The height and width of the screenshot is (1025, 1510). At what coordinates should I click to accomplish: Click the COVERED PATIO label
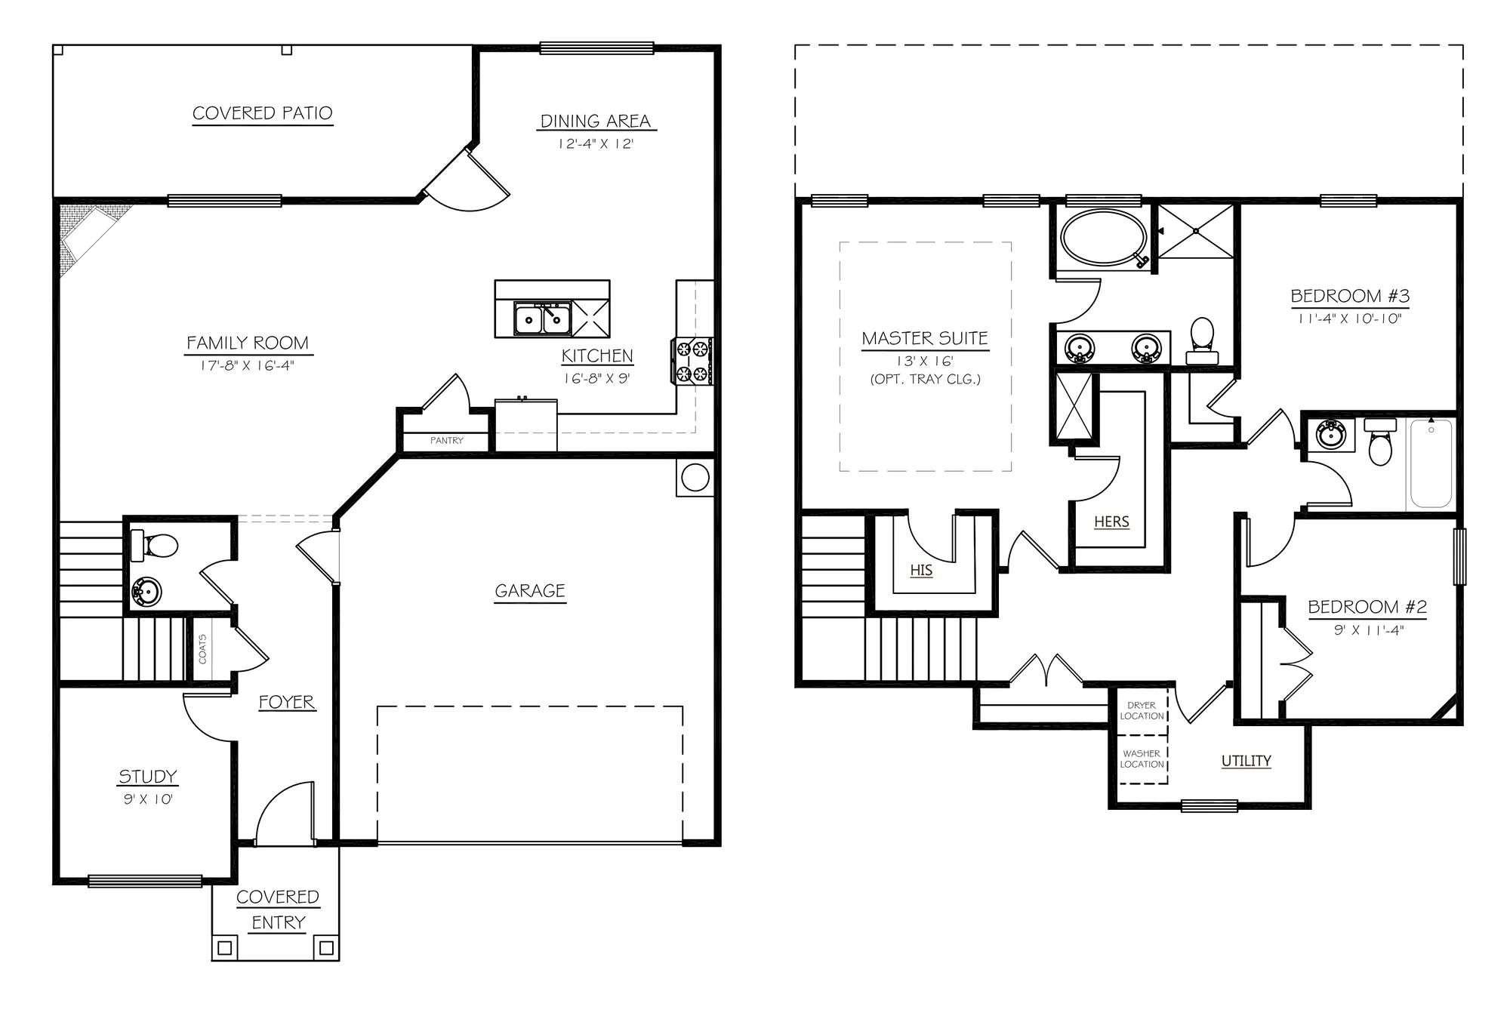coord(262,113)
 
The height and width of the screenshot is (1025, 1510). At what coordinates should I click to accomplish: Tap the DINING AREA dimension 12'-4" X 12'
coord(596,143)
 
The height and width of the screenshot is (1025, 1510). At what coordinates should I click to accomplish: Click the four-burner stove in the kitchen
coord(692,361)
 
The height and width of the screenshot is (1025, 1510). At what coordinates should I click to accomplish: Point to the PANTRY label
coord(446,440)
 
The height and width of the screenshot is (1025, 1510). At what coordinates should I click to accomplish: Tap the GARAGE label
coord(529,591)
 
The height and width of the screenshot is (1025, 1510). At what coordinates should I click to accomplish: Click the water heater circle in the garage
coord(695,478)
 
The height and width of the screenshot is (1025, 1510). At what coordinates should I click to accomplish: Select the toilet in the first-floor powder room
coord(156,545)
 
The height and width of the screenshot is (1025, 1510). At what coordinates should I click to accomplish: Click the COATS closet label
coord(202,648)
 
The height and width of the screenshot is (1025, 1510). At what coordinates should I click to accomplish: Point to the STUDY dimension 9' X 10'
coord(148,799)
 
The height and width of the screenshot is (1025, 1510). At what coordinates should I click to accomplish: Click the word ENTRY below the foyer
coord(278,922)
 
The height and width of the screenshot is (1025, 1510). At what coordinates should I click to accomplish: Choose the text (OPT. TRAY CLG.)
coord(925,379)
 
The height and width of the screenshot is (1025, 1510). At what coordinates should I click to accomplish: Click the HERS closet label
coord(1111,522)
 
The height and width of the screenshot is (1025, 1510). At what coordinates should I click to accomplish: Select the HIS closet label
coord(921,571)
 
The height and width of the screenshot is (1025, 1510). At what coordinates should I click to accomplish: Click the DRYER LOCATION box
coord(1142,710)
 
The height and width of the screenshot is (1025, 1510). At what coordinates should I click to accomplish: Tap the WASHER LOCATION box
coord(1142,759)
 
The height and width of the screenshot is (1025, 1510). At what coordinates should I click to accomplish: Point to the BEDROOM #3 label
coord(1350,296)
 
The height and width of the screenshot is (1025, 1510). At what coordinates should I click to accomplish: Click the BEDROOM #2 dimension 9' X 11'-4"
coord(1368,630)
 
